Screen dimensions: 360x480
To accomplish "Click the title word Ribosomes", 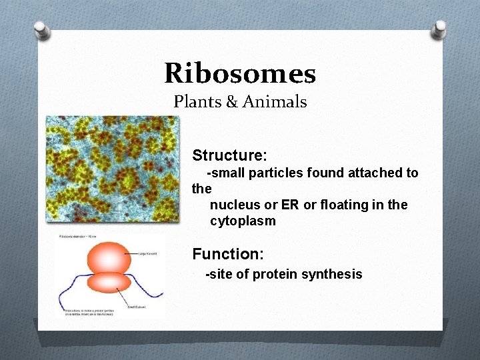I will pos(240,73).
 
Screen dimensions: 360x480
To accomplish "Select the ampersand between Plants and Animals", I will pos(231,102).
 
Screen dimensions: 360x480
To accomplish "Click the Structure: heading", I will pos(229,155).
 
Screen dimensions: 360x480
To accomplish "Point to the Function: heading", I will pos(228,254).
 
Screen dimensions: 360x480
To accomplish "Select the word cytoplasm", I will pos(243,221).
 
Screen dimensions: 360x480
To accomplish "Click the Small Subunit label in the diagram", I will pos(137,306).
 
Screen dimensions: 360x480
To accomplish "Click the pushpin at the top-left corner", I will pos(42,29).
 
